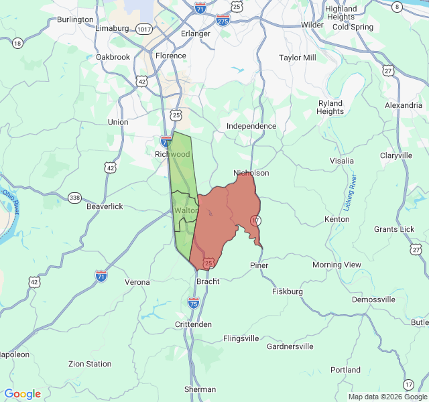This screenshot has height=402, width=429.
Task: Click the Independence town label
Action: (x=251, y=126)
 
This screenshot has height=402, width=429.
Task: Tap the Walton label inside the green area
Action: (x=186, y=210)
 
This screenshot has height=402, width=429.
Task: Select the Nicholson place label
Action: (x=251, y=173)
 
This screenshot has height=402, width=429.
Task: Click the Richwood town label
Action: (x=172, y=154)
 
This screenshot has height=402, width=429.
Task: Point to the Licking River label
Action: (x=353, y=190)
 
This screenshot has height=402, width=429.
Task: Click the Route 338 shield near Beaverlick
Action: (x=74, y=198)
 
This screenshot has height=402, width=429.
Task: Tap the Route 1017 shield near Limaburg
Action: (x=143, y=29)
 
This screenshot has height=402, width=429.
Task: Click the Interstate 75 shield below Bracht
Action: (x=193, y=304)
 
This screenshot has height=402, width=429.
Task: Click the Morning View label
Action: (x=336, y=265)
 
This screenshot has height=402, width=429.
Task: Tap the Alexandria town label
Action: (x=404, y=106)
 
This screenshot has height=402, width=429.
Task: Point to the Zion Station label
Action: (x=90, y=364)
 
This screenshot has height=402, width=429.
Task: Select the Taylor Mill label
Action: (x=298, y=58)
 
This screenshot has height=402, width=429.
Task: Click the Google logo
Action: (x=22, y=394)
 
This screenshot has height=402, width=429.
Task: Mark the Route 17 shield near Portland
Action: (x=408, y=384)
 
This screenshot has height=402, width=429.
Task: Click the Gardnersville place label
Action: (x=290, y=346)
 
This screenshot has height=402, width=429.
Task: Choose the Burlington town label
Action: (x=75, y=19)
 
